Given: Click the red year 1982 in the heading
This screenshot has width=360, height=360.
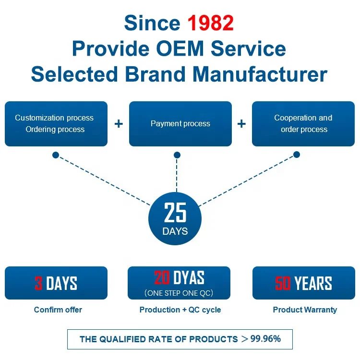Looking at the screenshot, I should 210,23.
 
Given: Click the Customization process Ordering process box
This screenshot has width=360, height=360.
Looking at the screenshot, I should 56,124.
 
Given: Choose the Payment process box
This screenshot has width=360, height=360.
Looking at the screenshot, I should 180,124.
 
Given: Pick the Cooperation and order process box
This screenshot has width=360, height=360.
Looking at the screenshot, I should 303,124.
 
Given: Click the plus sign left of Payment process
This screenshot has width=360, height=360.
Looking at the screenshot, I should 119,124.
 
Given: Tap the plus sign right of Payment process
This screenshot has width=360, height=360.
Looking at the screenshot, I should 241,124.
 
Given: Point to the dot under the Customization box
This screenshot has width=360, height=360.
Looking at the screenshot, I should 56,155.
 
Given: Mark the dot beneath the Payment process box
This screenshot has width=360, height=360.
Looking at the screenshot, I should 177,155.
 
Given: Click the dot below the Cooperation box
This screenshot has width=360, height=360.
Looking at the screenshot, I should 297,155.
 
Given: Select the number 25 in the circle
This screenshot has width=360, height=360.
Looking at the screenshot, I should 175,212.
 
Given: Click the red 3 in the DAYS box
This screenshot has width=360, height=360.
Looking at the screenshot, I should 38,283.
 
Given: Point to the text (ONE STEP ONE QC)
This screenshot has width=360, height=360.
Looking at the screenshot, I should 179,293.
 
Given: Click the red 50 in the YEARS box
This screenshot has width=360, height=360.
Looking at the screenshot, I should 283,283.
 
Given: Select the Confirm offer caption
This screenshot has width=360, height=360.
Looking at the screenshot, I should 58,310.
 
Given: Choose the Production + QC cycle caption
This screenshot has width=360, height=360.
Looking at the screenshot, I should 180,310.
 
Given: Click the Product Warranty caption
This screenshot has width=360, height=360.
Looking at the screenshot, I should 305,310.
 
